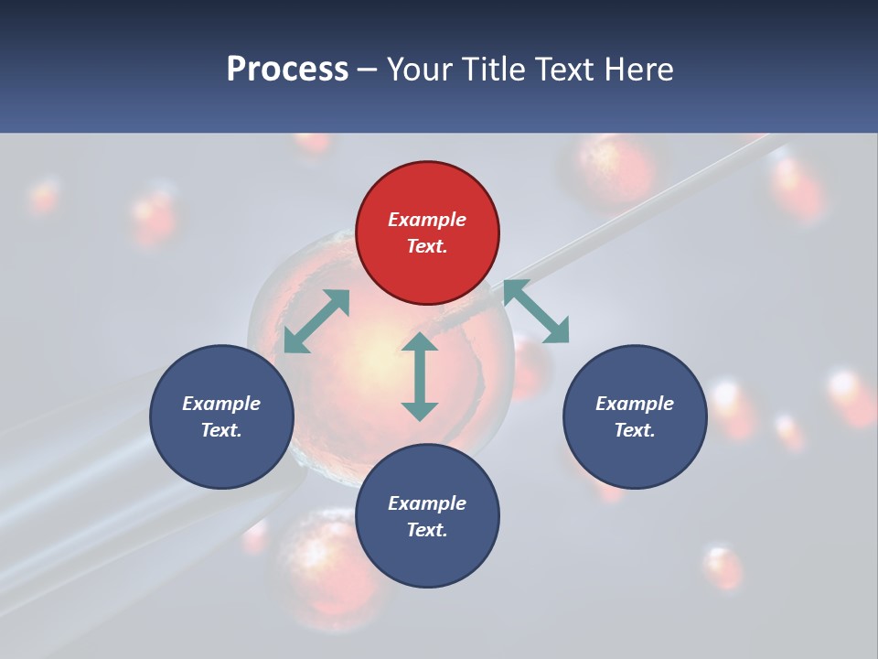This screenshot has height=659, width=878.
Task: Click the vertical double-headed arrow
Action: click(420, 376)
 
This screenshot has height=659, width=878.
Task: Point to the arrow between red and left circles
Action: click(316, 321)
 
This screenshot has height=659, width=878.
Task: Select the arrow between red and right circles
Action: click(536, 312)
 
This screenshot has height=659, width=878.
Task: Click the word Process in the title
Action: click(287, 70)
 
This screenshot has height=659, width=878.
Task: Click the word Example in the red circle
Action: click(427, 220)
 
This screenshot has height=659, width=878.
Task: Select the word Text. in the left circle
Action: click(221, 430)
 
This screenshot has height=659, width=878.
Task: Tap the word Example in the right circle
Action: click(635, 404)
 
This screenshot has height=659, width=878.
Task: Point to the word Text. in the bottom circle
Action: click(427, 530)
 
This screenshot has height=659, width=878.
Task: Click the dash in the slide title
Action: click(368, 70)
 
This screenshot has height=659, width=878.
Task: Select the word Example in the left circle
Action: click(221, 404)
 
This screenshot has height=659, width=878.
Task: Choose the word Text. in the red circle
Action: click(427, 246)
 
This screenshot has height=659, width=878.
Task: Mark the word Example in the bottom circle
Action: click(427, 503)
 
